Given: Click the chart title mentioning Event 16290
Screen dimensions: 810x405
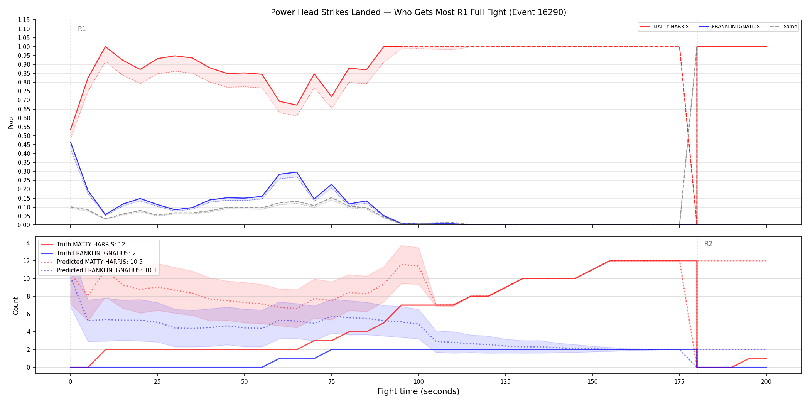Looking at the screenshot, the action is tap(418, 12).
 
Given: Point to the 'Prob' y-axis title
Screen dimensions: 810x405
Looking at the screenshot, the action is tap(11, 123).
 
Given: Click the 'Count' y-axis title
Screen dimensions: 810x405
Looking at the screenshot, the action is tap(16, 305).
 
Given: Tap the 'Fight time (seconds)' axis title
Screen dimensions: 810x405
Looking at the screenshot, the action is tap(418, 391).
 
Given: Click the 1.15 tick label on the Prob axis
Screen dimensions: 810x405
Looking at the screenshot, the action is tap(24, 20).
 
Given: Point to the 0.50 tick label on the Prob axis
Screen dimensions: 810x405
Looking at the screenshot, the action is tap(24, 136).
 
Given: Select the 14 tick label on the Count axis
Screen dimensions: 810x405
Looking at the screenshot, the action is tap(27, 243).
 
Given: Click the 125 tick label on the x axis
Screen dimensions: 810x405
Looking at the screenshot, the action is tap(505, 382).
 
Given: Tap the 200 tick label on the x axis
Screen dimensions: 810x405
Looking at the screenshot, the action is tap(766, 382).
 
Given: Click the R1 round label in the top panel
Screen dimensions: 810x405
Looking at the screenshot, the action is tap(82, 29).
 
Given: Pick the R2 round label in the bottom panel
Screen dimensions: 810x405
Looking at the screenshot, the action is tap(708, 244).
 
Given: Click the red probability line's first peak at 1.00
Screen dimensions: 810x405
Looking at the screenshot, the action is tap(105, 47).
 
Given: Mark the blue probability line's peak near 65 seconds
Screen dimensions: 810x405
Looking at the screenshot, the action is tap(297, 172).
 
